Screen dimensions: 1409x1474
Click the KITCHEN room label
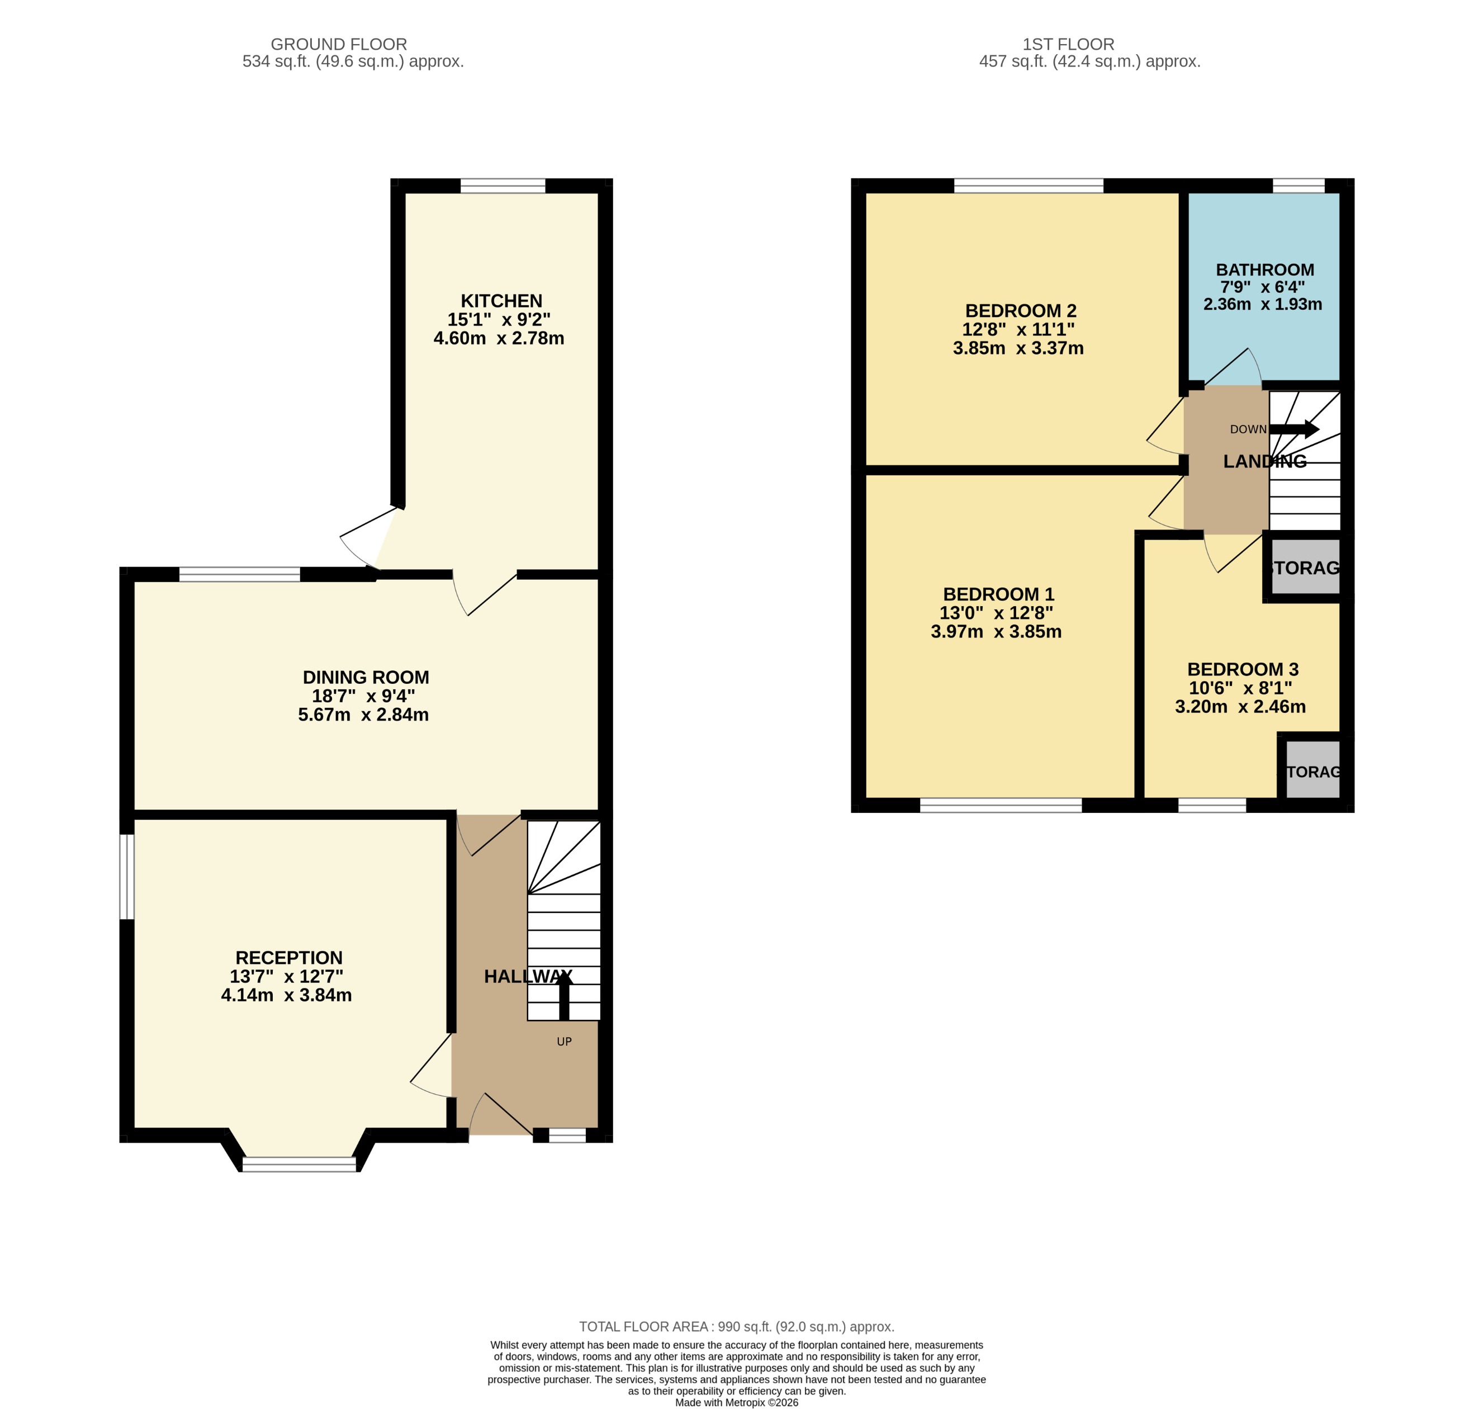[x=501, y=300]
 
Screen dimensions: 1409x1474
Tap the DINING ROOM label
[x=366, y=677]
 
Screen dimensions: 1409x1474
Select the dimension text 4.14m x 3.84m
[x=286, y=995]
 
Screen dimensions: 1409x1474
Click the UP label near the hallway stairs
[x=564, y=1042]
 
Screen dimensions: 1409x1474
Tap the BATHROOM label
[x=1264, y=269]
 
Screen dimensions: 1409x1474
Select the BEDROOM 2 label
[x=1021, y=310]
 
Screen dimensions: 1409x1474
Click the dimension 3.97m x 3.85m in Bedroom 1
[x=996, y=632]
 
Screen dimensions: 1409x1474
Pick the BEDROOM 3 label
[x=1243, y=669]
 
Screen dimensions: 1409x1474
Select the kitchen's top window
[x=503, y=186]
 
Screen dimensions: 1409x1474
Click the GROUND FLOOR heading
[x=339, y=44]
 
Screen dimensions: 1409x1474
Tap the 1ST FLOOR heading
[x=1068, y=44]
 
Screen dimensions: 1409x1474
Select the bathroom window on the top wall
[x=1298, y=186]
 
